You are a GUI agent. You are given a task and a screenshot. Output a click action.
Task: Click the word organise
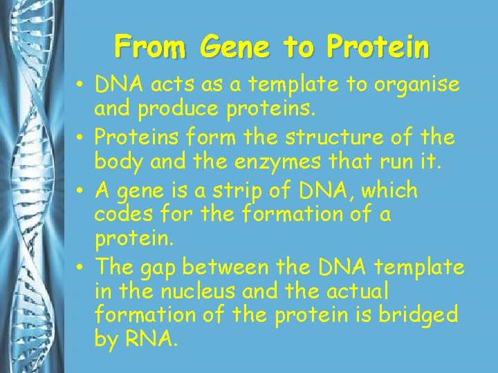[x=418, y=84]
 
